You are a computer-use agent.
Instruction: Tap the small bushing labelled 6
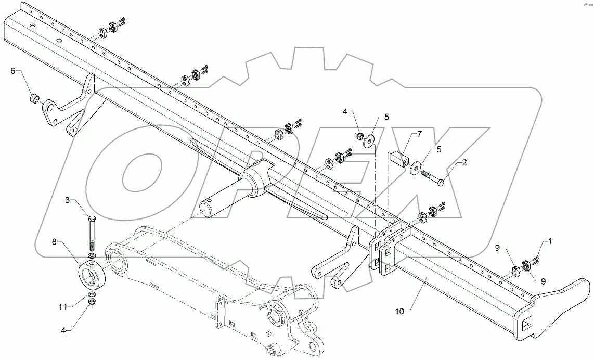(x=35, y=98)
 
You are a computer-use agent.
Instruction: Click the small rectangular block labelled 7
(x=399, y=157)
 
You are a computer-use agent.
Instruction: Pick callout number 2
(x=464, y=163)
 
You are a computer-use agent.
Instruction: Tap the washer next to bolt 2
(x=415, y=168)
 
